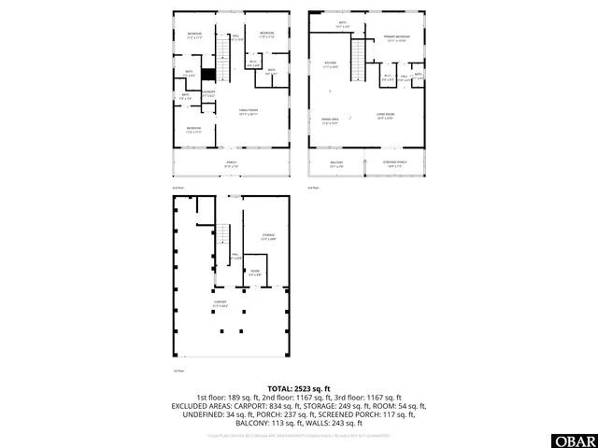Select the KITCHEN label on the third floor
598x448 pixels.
[329, 64]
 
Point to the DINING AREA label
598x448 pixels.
[330, 120]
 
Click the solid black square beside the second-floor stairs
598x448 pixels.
[209, 74]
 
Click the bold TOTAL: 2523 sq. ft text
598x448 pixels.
[298, 387]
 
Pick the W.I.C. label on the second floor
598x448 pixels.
[252, 64]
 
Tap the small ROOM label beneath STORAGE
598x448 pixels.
[254, 273]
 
